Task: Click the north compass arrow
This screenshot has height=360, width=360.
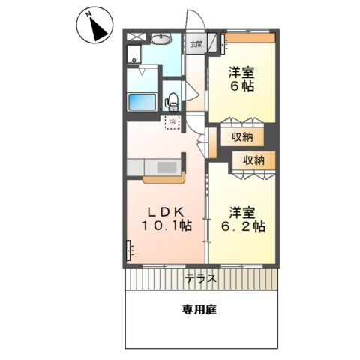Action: click(x=98, y=29)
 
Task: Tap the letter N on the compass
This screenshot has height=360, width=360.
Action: click(x=88, y=15)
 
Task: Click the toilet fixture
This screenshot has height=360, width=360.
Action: click(x=172, y=102)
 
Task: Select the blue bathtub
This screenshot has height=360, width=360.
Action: click(x=142, y=102)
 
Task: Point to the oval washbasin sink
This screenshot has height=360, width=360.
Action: click(x=160, y=39)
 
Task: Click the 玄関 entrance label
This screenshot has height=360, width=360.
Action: click(x=196, y=45)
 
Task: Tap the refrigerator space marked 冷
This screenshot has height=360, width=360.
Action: click(x=172, y=122)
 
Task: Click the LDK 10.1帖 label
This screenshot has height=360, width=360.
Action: click(x=167, y=219)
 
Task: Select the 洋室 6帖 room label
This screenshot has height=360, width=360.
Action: click(x=241, y=79)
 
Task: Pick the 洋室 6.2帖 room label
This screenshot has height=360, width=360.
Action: click(x=243, y=220)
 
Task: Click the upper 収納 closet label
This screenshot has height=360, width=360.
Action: click(x=241, y=137)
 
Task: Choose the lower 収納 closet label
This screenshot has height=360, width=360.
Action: click(x=253, y=160)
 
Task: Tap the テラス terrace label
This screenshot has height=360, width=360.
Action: click(x=201, y=278)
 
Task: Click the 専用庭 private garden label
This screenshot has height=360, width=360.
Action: click(x=199, y=310)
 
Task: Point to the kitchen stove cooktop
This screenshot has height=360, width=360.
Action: click(x=167, y=167)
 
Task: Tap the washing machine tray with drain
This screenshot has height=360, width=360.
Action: click(x=133, y=54)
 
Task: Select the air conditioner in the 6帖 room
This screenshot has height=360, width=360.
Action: click(x=223, y=43)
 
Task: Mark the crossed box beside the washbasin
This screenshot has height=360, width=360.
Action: click(x=136, y=37)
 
